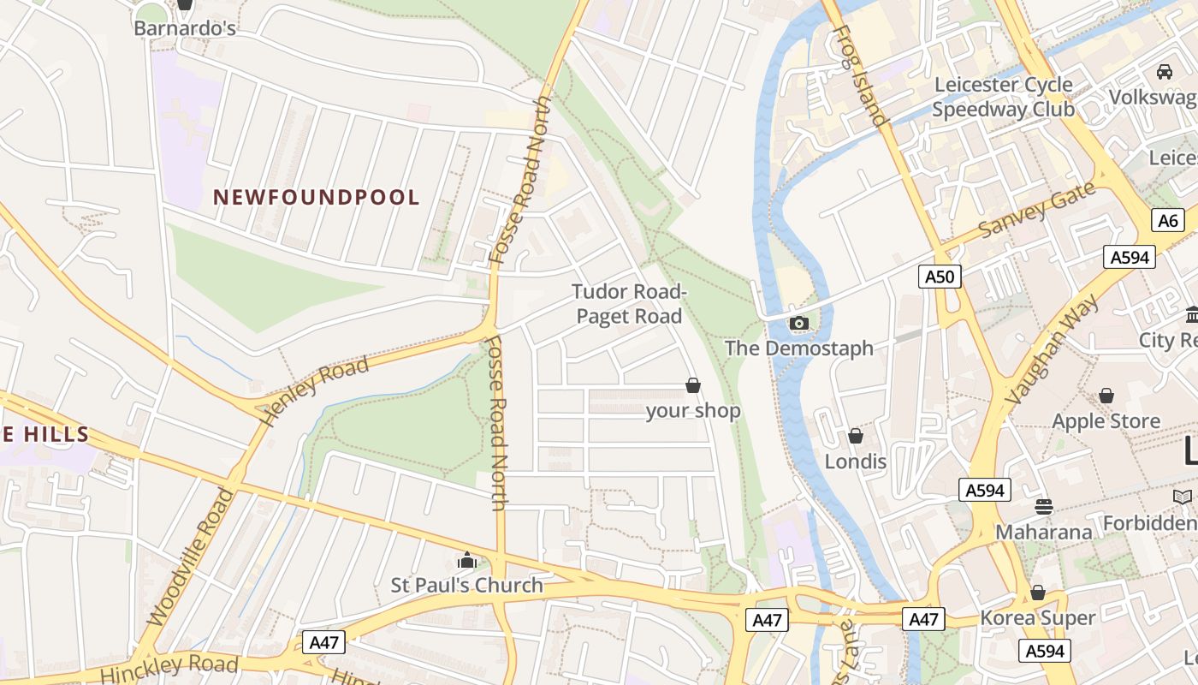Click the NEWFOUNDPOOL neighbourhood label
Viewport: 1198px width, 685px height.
317,198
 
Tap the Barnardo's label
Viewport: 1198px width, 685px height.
185,28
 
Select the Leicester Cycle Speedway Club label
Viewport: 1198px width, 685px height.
1003,97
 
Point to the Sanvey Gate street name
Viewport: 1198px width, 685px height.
1036,211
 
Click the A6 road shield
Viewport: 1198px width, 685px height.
1168,220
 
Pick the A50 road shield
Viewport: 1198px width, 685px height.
940,276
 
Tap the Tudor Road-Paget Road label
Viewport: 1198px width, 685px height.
629,304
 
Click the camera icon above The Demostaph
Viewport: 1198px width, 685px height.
798,323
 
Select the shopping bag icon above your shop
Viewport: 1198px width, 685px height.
693,386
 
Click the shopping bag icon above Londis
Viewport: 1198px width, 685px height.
856,437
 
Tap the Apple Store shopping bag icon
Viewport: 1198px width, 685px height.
1106,396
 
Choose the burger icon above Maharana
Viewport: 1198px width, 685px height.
1043,506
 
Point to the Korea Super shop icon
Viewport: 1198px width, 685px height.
1038,593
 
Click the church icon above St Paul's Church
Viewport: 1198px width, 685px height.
467,561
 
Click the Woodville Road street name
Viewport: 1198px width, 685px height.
190,557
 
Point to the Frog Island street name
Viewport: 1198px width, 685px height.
858,75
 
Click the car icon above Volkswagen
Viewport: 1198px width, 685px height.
1165,72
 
